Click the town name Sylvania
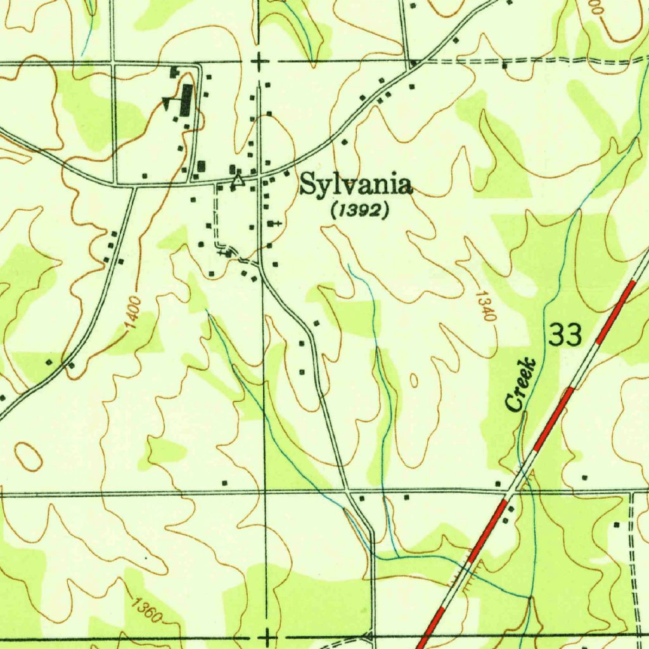tap(356, 185)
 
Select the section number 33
tap(565, 335)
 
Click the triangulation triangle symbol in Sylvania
tap(238, 181)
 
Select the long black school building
tap(186, 100)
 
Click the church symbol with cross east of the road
tap(273, 224)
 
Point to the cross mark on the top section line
tap(259, 62)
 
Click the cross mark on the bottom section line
tap(269, 636)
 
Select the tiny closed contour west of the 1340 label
tap(413, 380)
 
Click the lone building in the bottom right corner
tap(617, 525)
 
